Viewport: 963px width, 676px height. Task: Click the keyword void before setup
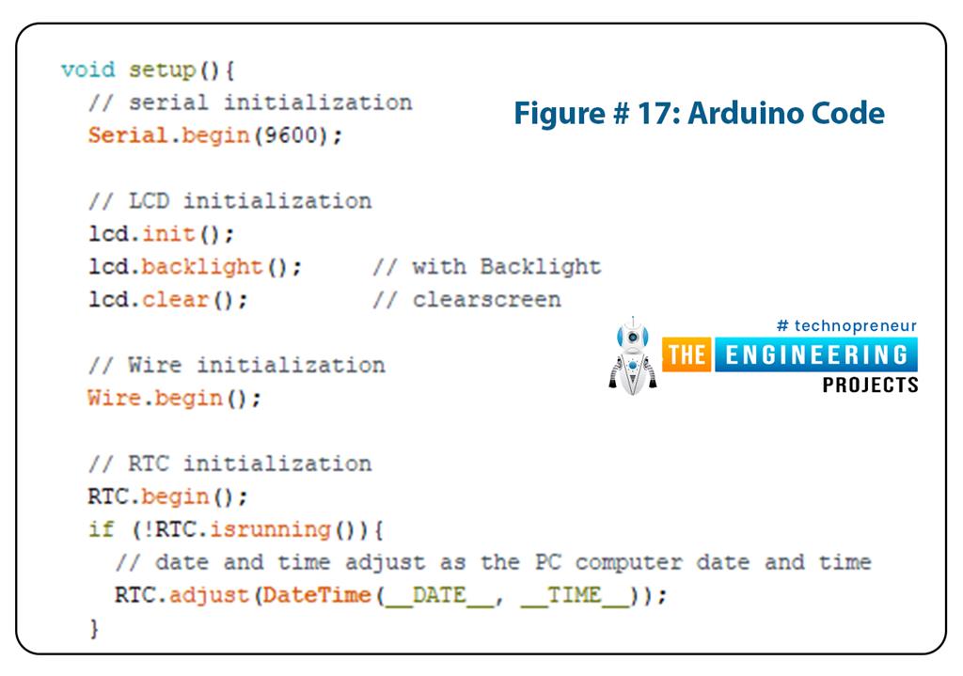[87, 70]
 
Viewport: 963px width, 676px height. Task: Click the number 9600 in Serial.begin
[292, 135]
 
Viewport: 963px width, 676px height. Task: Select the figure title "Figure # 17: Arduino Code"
[698, 114]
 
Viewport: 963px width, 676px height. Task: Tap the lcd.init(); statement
[161, 234]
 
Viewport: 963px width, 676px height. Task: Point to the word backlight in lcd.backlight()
[202, 267]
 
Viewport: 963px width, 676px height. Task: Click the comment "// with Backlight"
[486, 267]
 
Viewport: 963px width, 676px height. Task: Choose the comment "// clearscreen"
[466, 300]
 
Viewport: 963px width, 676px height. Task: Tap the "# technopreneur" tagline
[846, 326]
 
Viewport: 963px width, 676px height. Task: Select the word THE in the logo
[687, 355]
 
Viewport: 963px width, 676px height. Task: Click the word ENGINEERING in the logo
[814, 355]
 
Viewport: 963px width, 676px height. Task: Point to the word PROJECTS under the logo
[870, 385]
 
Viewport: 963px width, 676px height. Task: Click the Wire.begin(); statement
[174, 398]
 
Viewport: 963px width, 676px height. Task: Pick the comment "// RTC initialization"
[230, 464]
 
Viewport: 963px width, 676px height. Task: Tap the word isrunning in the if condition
[270, 529]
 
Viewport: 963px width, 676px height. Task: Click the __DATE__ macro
[438, 595]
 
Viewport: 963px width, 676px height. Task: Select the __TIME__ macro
[574, 595]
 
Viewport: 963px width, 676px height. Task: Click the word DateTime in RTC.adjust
[317, 595]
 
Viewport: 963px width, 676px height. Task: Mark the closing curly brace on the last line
[93, 628]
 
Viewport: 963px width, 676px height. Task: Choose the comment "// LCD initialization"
[230, 201]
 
